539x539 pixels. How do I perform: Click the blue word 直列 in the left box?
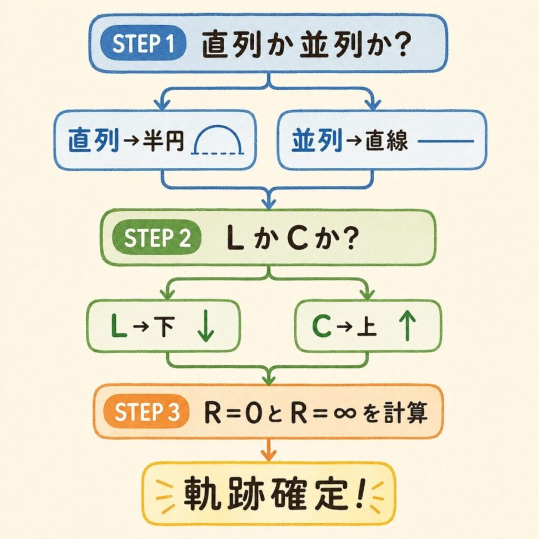click(x=94, y=142)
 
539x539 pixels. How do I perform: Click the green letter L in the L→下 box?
click(x=119, y=327)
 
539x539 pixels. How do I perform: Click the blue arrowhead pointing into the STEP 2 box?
click(x=269, y=202)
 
